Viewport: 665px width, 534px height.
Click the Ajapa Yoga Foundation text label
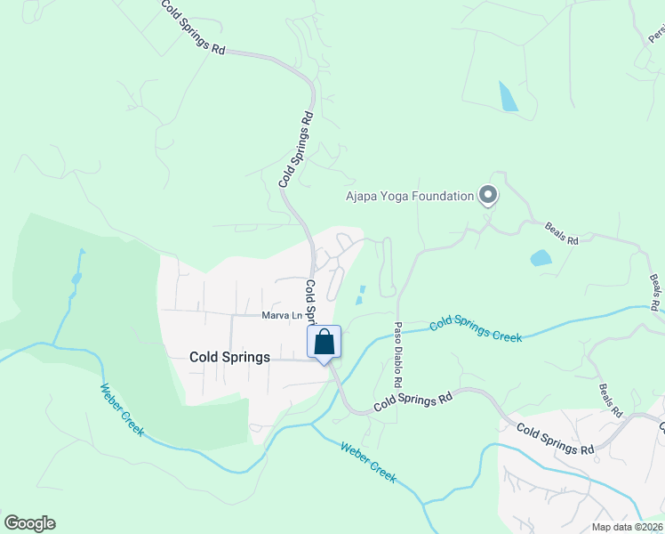click(409, 196)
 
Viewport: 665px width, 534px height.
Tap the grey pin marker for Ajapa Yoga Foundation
click(487, 194)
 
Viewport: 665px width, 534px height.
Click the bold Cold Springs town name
click(229, 357)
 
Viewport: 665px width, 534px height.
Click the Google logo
click(29, 523)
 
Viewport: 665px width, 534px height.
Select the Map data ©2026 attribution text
click(626, 527)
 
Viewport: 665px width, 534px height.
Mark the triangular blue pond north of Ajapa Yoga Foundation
click(508, 97)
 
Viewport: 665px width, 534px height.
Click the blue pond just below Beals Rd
click(541, 259)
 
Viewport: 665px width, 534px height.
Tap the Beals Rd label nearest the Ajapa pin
click(562, 239)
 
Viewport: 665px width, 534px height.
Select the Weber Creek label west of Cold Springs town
click(122, 409)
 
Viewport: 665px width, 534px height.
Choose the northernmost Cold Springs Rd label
click(192, 27)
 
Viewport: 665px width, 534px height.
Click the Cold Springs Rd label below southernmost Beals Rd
click(556, 439)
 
